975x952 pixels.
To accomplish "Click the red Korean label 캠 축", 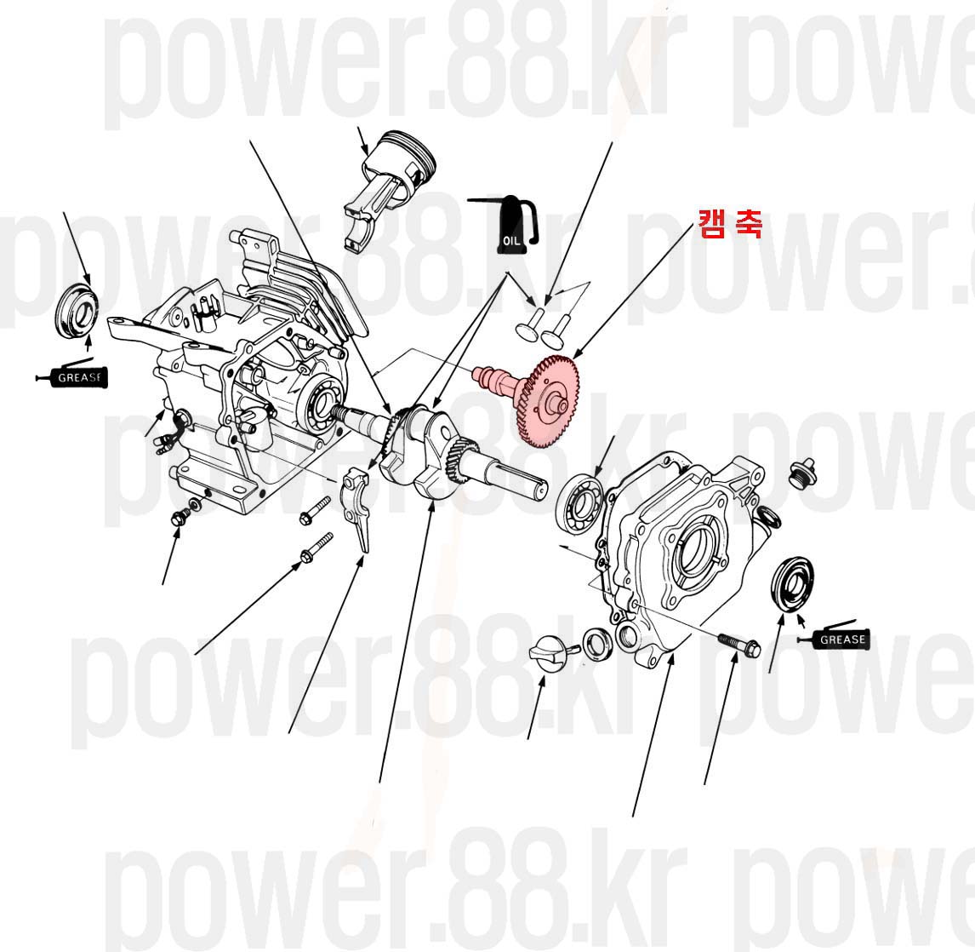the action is (x=730, y=224).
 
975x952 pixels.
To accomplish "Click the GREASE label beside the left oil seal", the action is (x=77, y=377).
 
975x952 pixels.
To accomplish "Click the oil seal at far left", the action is (x=77, y=311).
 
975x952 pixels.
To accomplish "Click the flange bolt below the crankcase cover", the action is (x=740, y=645).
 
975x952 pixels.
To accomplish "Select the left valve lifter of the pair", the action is (x=527, y=324).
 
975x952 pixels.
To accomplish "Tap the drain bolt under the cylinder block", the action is (x=180, y=515).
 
